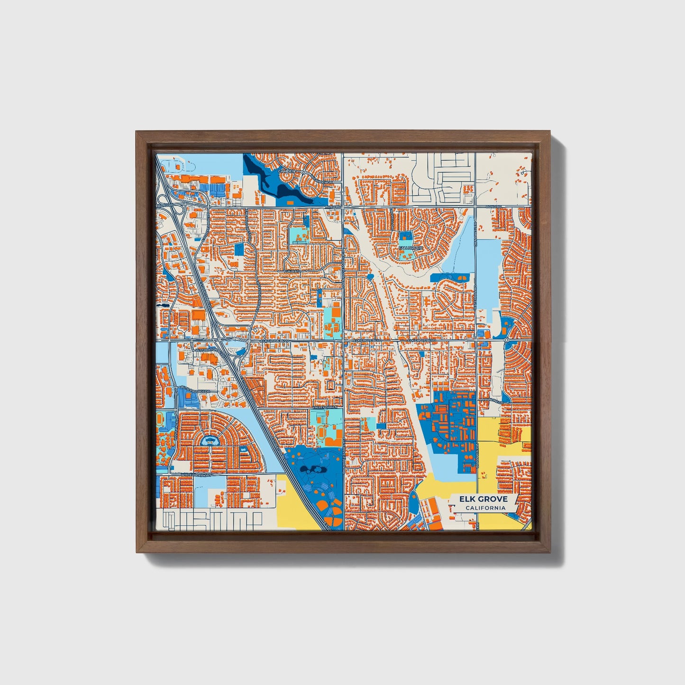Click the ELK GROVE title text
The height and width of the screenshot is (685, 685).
[x=483, y=499]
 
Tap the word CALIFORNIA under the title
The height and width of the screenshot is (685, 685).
[x=485, y=508]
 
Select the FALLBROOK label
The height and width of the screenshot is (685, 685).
[x=410, y=247]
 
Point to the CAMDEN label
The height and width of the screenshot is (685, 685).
[x=286, y=171]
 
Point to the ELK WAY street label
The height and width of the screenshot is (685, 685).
[x=292, y=271]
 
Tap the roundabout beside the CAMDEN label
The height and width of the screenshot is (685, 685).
[x=303, y=174]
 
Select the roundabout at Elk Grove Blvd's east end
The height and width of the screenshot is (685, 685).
[x=507, y=340]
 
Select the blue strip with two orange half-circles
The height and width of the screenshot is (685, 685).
[x=450, y=277]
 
